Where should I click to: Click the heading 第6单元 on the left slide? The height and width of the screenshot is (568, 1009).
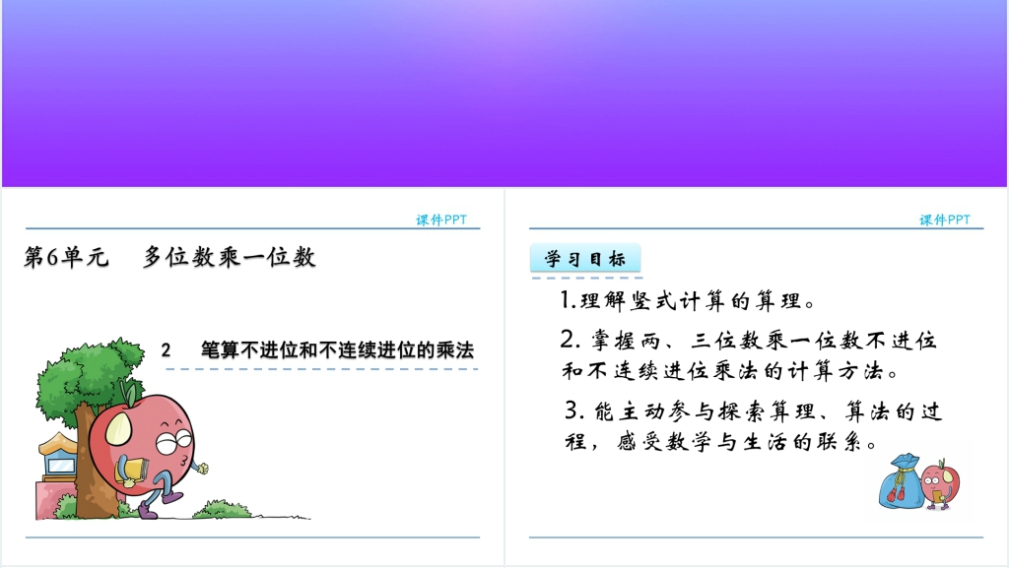(66, 257)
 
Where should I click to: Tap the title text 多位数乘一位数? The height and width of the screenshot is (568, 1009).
(229, 257)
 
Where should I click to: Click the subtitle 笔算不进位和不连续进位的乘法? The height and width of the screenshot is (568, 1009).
(337, 350)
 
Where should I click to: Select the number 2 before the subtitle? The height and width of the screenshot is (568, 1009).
(166, 350)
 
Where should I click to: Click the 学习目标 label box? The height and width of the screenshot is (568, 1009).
(585, 258)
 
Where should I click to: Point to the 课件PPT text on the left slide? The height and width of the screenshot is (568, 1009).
(441, 220)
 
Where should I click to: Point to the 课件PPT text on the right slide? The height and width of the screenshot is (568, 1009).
(945, 220)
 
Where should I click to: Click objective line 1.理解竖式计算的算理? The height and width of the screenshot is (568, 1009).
(687, 300)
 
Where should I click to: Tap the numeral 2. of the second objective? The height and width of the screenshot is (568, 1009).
(571, 340)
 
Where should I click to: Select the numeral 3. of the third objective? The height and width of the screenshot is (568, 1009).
(574, 410)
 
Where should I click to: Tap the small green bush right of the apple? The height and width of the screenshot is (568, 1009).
(222, 510)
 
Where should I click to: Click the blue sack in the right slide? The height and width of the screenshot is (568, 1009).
(901, 482)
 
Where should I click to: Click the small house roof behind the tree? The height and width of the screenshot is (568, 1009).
(58, 443)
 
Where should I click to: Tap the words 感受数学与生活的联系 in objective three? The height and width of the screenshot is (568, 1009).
(747, 442)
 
